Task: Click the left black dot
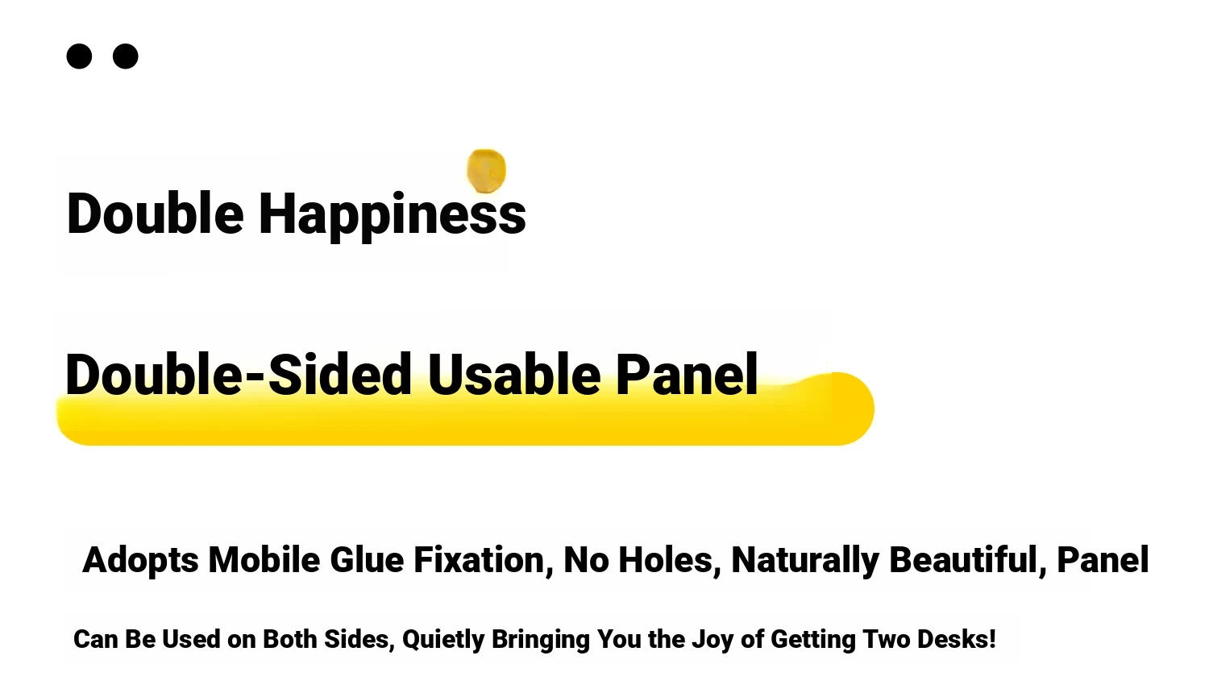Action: (79, 56)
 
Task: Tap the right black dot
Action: (125, 56)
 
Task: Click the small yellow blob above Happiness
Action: (486, 171)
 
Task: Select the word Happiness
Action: (393, 216)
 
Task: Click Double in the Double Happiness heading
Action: (155, 214)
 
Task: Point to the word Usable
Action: (514, 374)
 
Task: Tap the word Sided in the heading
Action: (340, 374)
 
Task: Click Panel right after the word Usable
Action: (687, 374)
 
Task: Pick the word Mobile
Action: (264, 560)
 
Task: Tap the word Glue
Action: (367, 560)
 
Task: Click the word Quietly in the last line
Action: (443, 640)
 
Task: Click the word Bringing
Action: (540, 640)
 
